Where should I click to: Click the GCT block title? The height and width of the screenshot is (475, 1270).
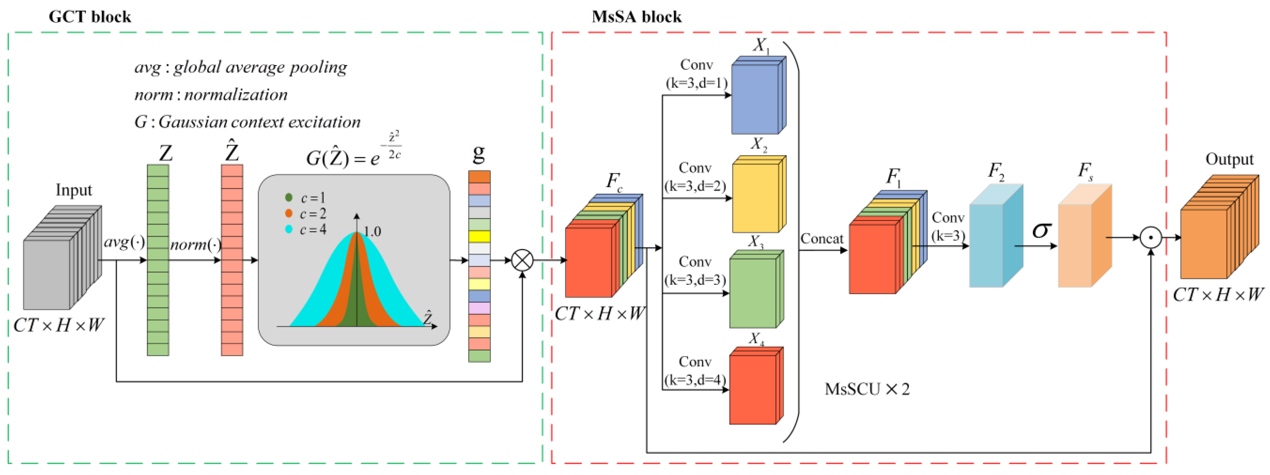pyautogui.click(x=90, y=17)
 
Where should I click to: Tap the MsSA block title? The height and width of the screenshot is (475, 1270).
pyautogui.click(x=636, y=17)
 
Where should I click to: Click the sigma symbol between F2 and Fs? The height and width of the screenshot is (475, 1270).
pyautogui.click(x=1041, y=230)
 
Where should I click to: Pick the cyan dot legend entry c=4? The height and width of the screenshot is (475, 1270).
pyautogui.click(x=289, y=229)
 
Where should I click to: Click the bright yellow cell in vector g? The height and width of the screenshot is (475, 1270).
pyautogui.click(x=479, y=236)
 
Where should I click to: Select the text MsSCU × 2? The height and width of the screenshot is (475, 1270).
pyautogui.click(x=867, y=389)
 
